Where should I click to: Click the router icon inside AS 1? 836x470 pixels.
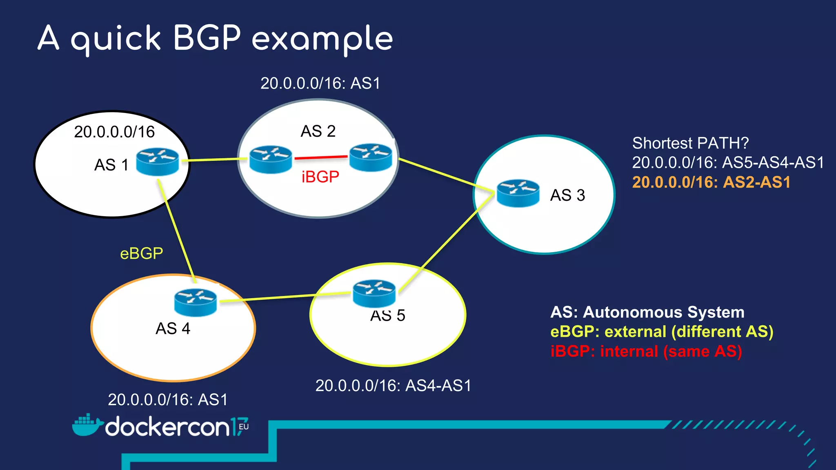[157, 162]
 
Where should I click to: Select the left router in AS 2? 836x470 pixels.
[271, 160]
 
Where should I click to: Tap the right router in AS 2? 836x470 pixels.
[371, 157]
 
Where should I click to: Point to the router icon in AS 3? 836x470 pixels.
[518, 193]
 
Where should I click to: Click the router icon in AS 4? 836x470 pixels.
[195, 302]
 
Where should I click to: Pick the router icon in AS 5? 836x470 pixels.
[374, 293]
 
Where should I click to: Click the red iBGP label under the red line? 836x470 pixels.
[320, 177]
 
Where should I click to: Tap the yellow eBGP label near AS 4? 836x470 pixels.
[141, 254]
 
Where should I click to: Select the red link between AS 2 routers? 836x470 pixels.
[321, 157]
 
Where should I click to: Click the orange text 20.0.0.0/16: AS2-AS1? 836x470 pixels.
[711, 182]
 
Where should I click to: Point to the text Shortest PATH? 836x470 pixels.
[690, 143]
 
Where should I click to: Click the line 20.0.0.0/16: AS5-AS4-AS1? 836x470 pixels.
[728, 163]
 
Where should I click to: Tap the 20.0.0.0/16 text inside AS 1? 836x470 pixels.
[114, 132]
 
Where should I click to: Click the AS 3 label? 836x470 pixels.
[567, 195]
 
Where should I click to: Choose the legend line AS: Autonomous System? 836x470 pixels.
[647, 313]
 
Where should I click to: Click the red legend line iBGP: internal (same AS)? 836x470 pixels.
[646, 352]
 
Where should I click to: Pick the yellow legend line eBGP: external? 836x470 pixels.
[661, 332]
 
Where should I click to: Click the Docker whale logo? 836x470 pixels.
[87, 426]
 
